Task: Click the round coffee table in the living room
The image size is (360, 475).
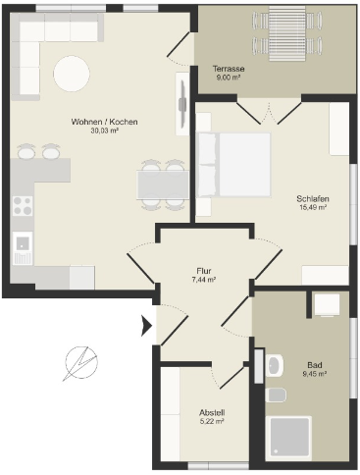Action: point(72,74)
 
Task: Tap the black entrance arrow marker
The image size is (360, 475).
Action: point(146,326)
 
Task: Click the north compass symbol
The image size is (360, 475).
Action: point(80,362)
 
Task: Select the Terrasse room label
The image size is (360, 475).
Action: point(229,69)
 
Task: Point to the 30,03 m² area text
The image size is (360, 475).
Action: point(104,131)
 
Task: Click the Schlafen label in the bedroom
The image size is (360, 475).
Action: point(313,198)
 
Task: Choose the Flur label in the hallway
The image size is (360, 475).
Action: point(204,271)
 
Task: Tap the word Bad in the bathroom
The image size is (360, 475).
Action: point(315,365)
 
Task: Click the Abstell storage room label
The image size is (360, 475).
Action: point(212,413)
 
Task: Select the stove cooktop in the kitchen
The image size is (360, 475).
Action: point(23,206)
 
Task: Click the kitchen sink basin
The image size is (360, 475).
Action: point(23,242)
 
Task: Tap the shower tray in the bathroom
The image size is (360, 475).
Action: point(289,439)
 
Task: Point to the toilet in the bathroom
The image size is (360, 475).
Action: point(277,396)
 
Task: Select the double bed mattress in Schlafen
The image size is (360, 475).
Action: point(244,165)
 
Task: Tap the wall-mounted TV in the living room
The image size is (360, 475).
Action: point(182,104)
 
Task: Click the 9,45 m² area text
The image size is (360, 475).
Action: point(315,373)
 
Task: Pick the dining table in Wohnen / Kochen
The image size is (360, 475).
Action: point(163,185)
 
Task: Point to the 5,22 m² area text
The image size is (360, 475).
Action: point(212,421)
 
